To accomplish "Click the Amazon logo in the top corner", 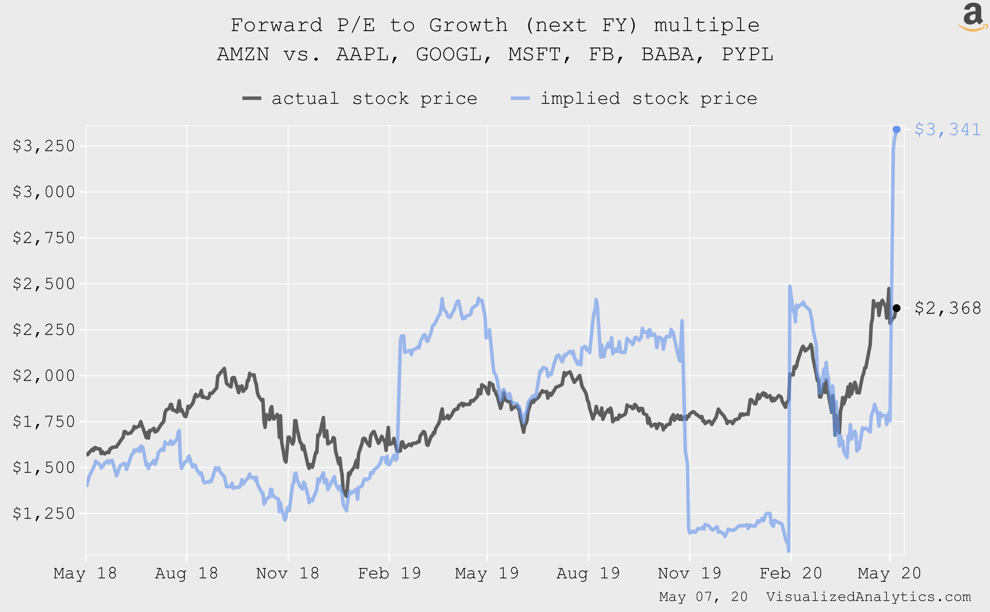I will click(x=973, y=17).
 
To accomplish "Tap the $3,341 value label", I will click(x=947, y=130).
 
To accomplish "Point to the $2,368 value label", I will click(x=947, y=308).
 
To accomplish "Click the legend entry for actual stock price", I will click(x=360, y=98).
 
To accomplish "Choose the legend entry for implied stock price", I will click(x=634, y=98).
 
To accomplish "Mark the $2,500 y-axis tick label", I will click(x=44, y=284).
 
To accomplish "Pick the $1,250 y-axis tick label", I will click(x=44, y=513).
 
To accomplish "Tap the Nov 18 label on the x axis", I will click(x=288, y=573).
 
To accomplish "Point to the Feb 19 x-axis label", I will click(x=389, y=573).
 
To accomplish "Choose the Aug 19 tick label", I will click(x=588, y=573).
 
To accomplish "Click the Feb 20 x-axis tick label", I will click(x=791, y=573).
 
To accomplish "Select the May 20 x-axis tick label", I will click(x=889, y=573).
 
